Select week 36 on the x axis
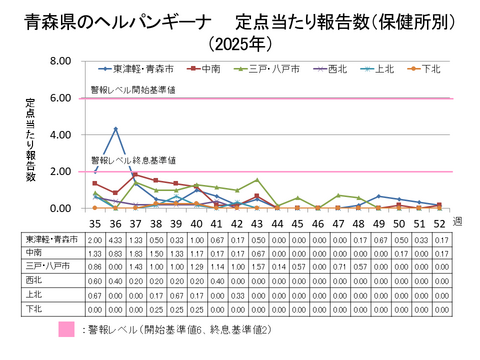[x=116, y=223]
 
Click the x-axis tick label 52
[x=441, y=223]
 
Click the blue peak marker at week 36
[x=116, y=129]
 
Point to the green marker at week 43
[x=258, y=180]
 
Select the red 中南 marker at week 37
[x=136, y=175]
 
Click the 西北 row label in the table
[x=41, y=281]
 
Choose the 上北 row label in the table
[x=41, y=295]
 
